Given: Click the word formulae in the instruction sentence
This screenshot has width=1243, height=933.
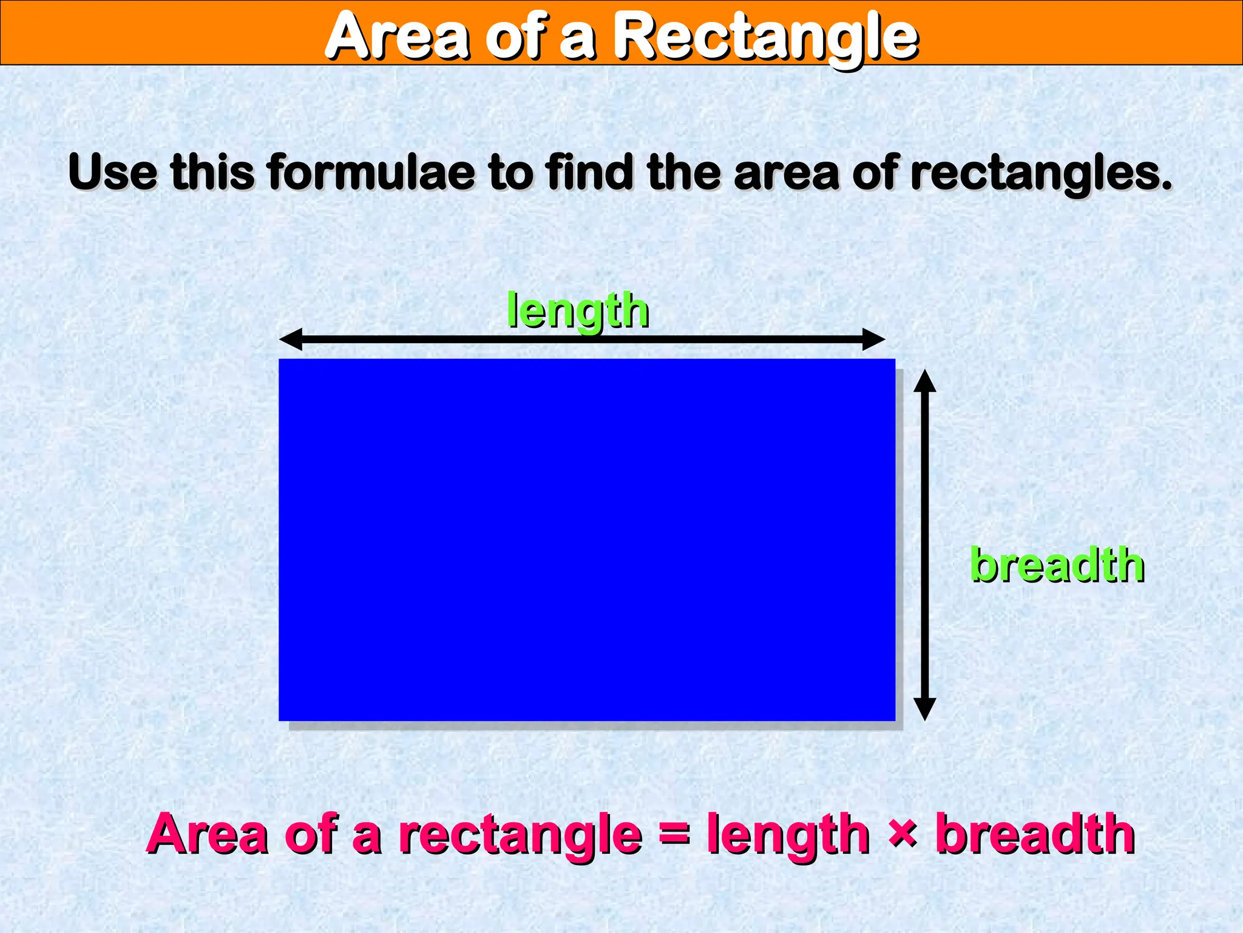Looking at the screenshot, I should click(371, 173).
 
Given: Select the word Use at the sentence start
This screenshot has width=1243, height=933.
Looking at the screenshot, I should click(112, 173).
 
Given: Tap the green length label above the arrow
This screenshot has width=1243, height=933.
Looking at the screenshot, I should click(578, 311).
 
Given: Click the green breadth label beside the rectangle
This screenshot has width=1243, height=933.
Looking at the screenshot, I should click(1057, 565).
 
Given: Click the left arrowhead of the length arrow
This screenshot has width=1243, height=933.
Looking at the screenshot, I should click(290, 339).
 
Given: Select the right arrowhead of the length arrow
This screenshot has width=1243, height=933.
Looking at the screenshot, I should click(874, 339).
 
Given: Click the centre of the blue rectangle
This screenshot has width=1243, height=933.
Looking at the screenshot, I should click(587, 539).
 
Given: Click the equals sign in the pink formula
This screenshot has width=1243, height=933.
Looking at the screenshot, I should click(674, 833).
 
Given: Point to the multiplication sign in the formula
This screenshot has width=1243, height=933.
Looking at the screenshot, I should click(903, 832).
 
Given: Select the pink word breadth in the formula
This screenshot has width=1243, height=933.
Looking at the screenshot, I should click(1035, 833).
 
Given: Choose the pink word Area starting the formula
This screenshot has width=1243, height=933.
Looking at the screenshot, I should click(207, 833).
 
